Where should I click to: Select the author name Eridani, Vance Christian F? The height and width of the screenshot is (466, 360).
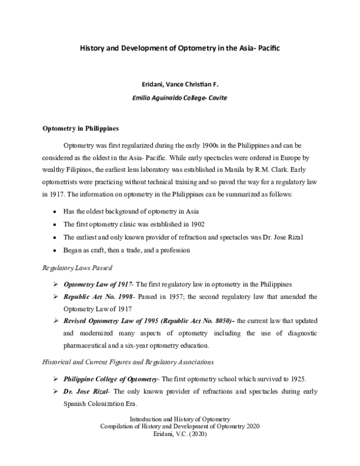tap(180, 86)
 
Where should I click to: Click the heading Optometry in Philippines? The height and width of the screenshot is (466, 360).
tap(80, 128)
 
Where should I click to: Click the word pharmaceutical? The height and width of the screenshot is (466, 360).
tap(89, 345)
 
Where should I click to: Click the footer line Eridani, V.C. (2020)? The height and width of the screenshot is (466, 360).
tap(180, 440)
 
